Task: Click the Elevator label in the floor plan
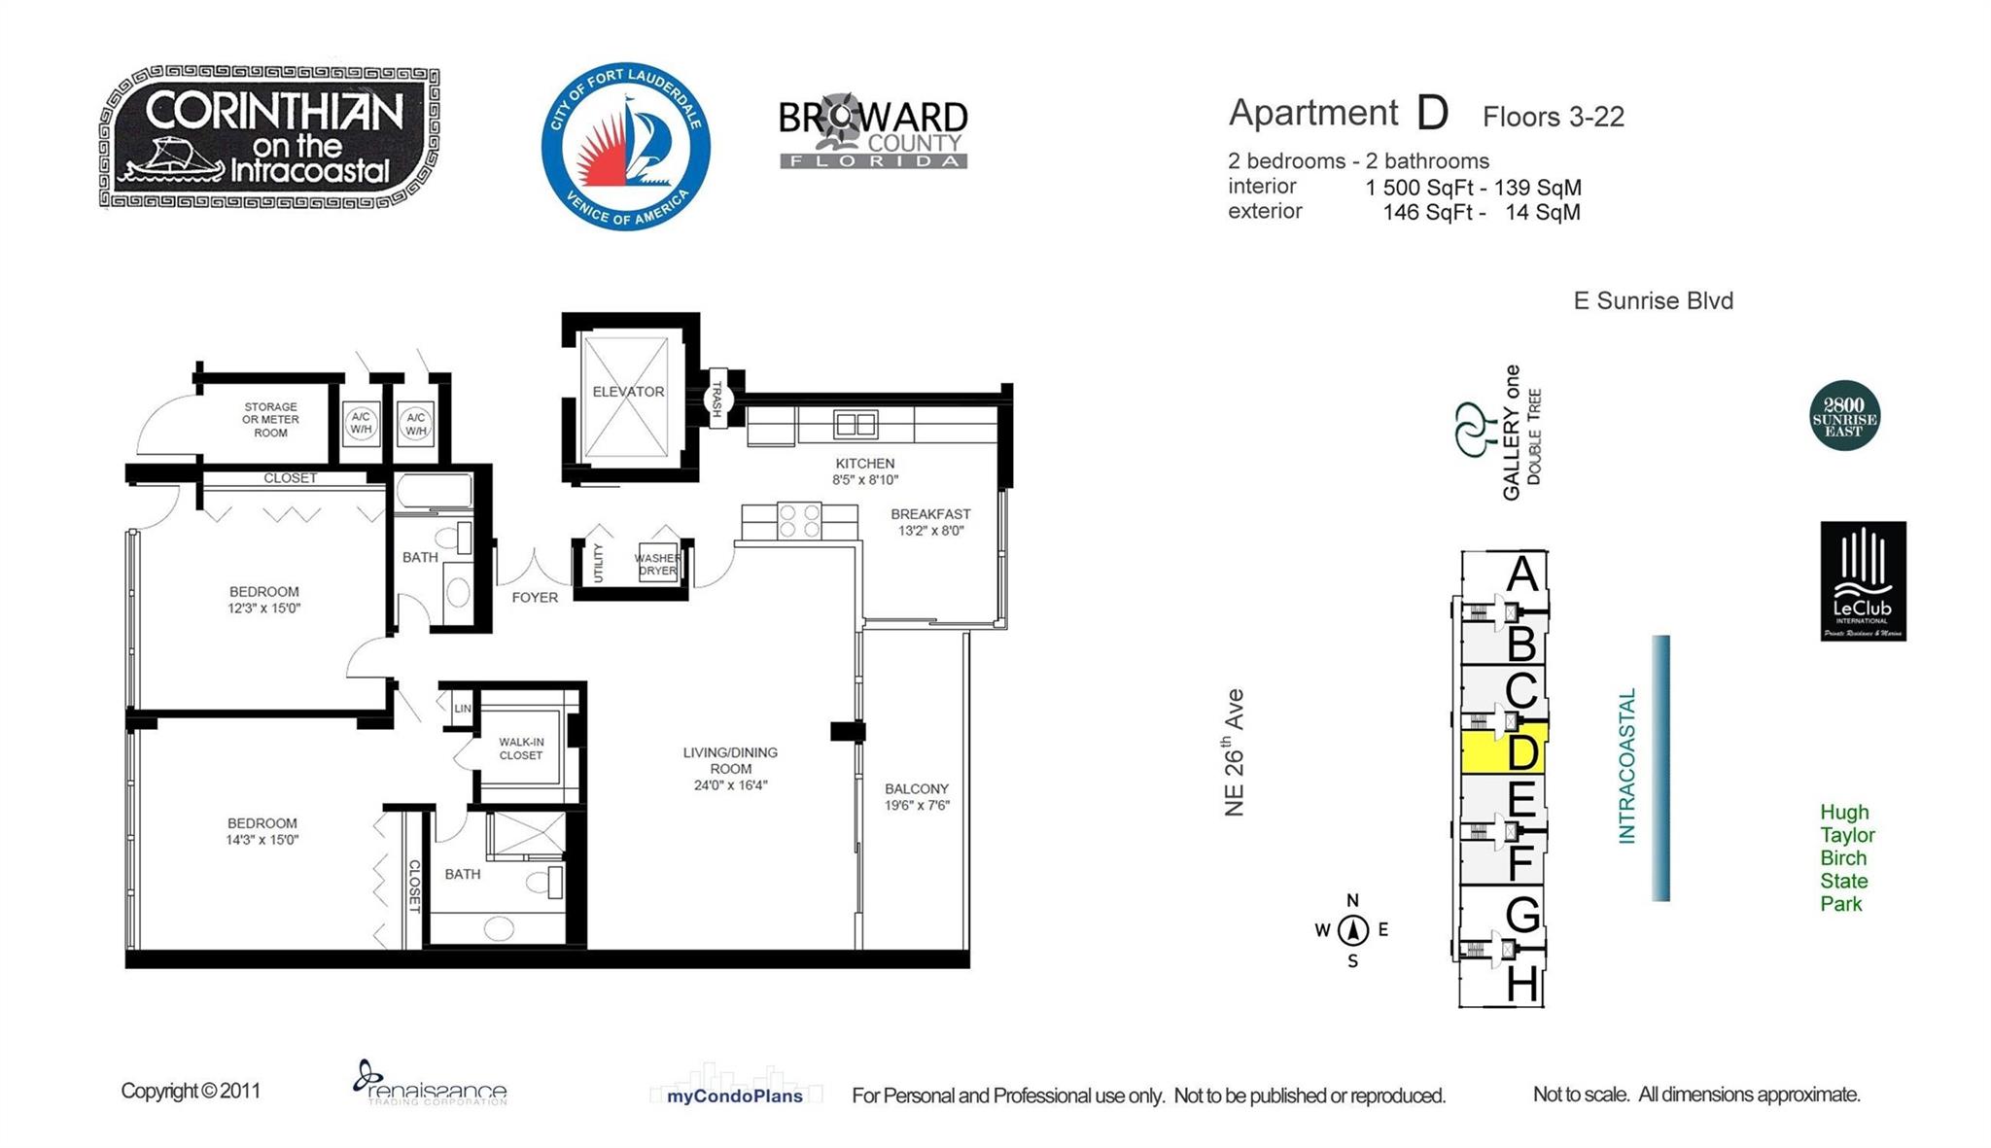(x=628, y=392)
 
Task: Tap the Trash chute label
(x=717, y=399)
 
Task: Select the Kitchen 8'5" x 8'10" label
(x=864, y=471)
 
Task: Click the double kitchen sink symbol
(x=856, y=425)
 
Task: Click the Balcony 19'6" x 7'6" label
(x=916, y=797)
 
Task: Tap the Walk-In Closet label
(x=521, y=748)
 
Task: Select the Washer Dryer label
(x=657, y=564)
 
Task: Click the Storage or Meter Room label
(x=270, y=420)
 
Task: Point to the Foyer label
(x=535, y=597)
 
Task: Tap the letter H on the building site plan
(x=1521, y=985)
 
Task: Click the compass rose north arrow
(x=1352, y=930)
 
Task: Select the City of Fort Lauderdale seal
(x=626, y=147)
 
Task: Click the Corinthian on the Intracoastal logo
(x=269, y=137)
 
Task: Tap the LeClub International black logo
(x=1863, y=581)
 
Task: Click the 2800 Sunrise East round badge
(x=1844, y=416)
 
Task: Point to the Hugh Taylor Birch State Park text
(x=1846, y=857)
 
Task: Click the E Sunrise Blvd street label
(x=1653, y=300)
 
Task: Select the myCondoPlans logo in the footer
(x=735, y=1096)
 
